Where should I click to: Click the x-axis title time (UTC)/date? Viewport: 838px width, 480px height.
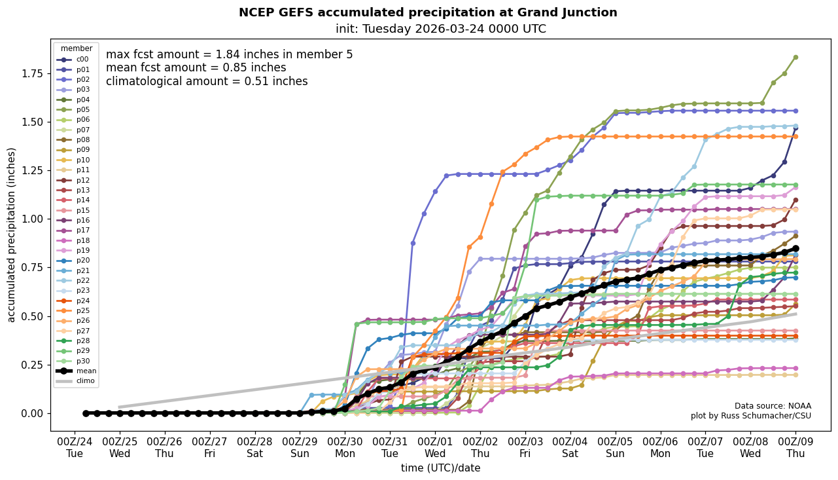coord(440,468)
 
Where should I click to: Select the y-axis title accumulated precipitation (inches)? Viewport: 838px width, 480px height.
coord(11,234)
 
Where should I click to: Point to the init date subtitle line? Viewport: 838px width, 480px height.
coord(440,29)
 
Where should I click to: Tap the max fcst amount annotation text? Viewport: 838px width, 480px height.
coord(229,54)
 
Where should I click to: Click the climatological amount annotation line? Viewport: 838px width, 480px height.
coord(207,81)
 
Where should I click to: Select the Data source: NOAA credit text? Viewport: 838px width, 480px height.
coord(772,406)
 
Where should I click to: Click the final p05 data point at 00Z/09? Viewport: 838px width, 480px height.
coord(795,58)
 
